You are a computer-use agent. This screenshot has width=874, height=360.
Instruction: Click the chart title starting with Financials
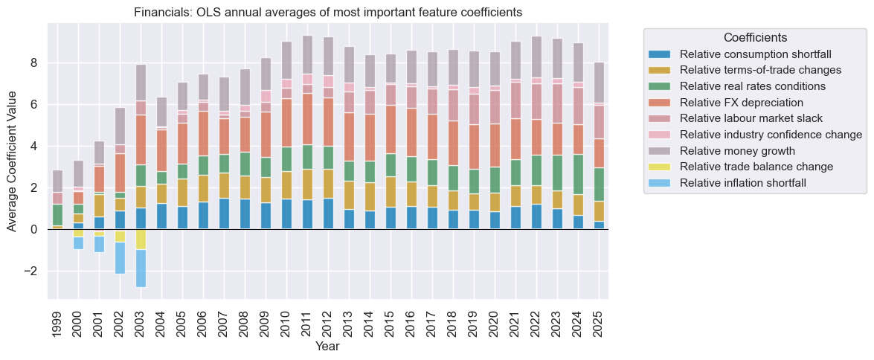(x=327, y=13)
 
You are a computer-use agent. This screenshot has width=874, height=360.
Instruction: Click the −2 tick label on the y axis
(x=30, y=271)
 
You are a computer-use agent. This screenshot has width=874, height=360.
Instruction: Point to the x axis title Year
(x=327, y=347)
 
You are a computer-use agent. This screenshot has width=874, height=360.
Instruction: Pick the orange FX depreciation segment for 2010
(x=286, y=123)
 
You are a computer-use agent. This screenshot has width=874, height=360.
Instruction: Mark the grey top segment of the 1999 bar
(x=57, y=181)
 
